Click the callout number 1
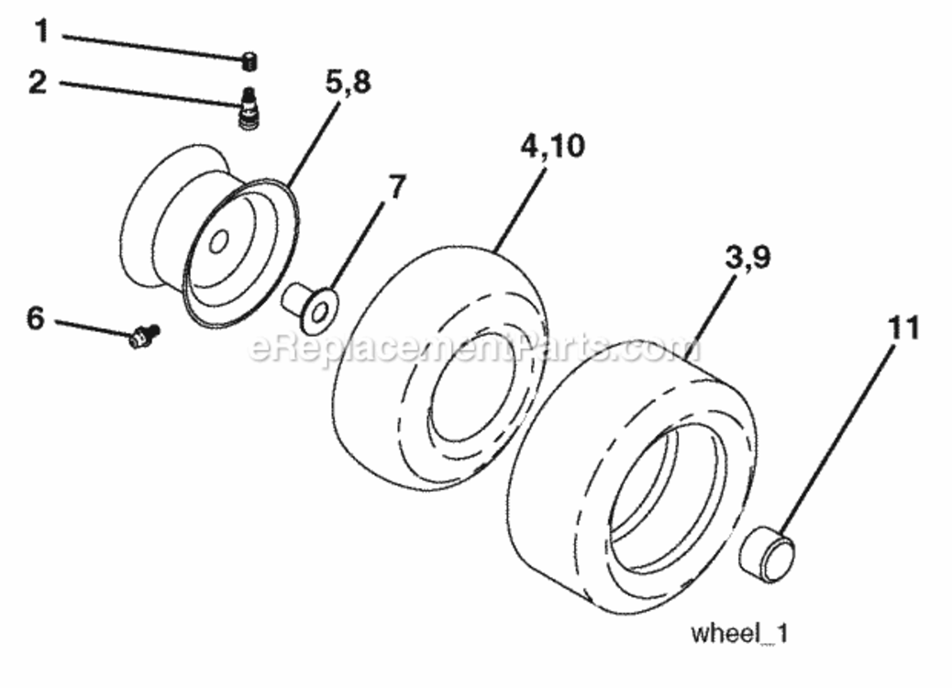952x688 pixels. [x=40, y=30]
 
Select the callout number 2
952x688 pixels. [x=38, y=82]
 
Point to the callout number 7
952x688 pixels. [x=396, y=187]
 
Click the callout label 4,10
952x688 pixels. [x=552, y=147]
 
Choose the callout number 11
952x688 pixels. [x=903, y=327]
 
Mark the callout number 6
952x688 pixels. [x=36, y=317]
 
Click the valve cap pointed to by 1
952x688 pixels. [x=249, y=62]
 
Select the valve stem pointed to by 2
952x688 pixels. [x=247, y=108]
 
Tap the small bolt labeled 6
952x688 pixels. [x=145, y=336]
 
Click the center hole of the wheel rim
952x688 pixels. [x=218, y=241]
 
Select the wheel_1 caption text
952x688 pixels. [x=739, y=634]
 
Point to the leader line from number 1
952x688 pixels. [x=153, y=48]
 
